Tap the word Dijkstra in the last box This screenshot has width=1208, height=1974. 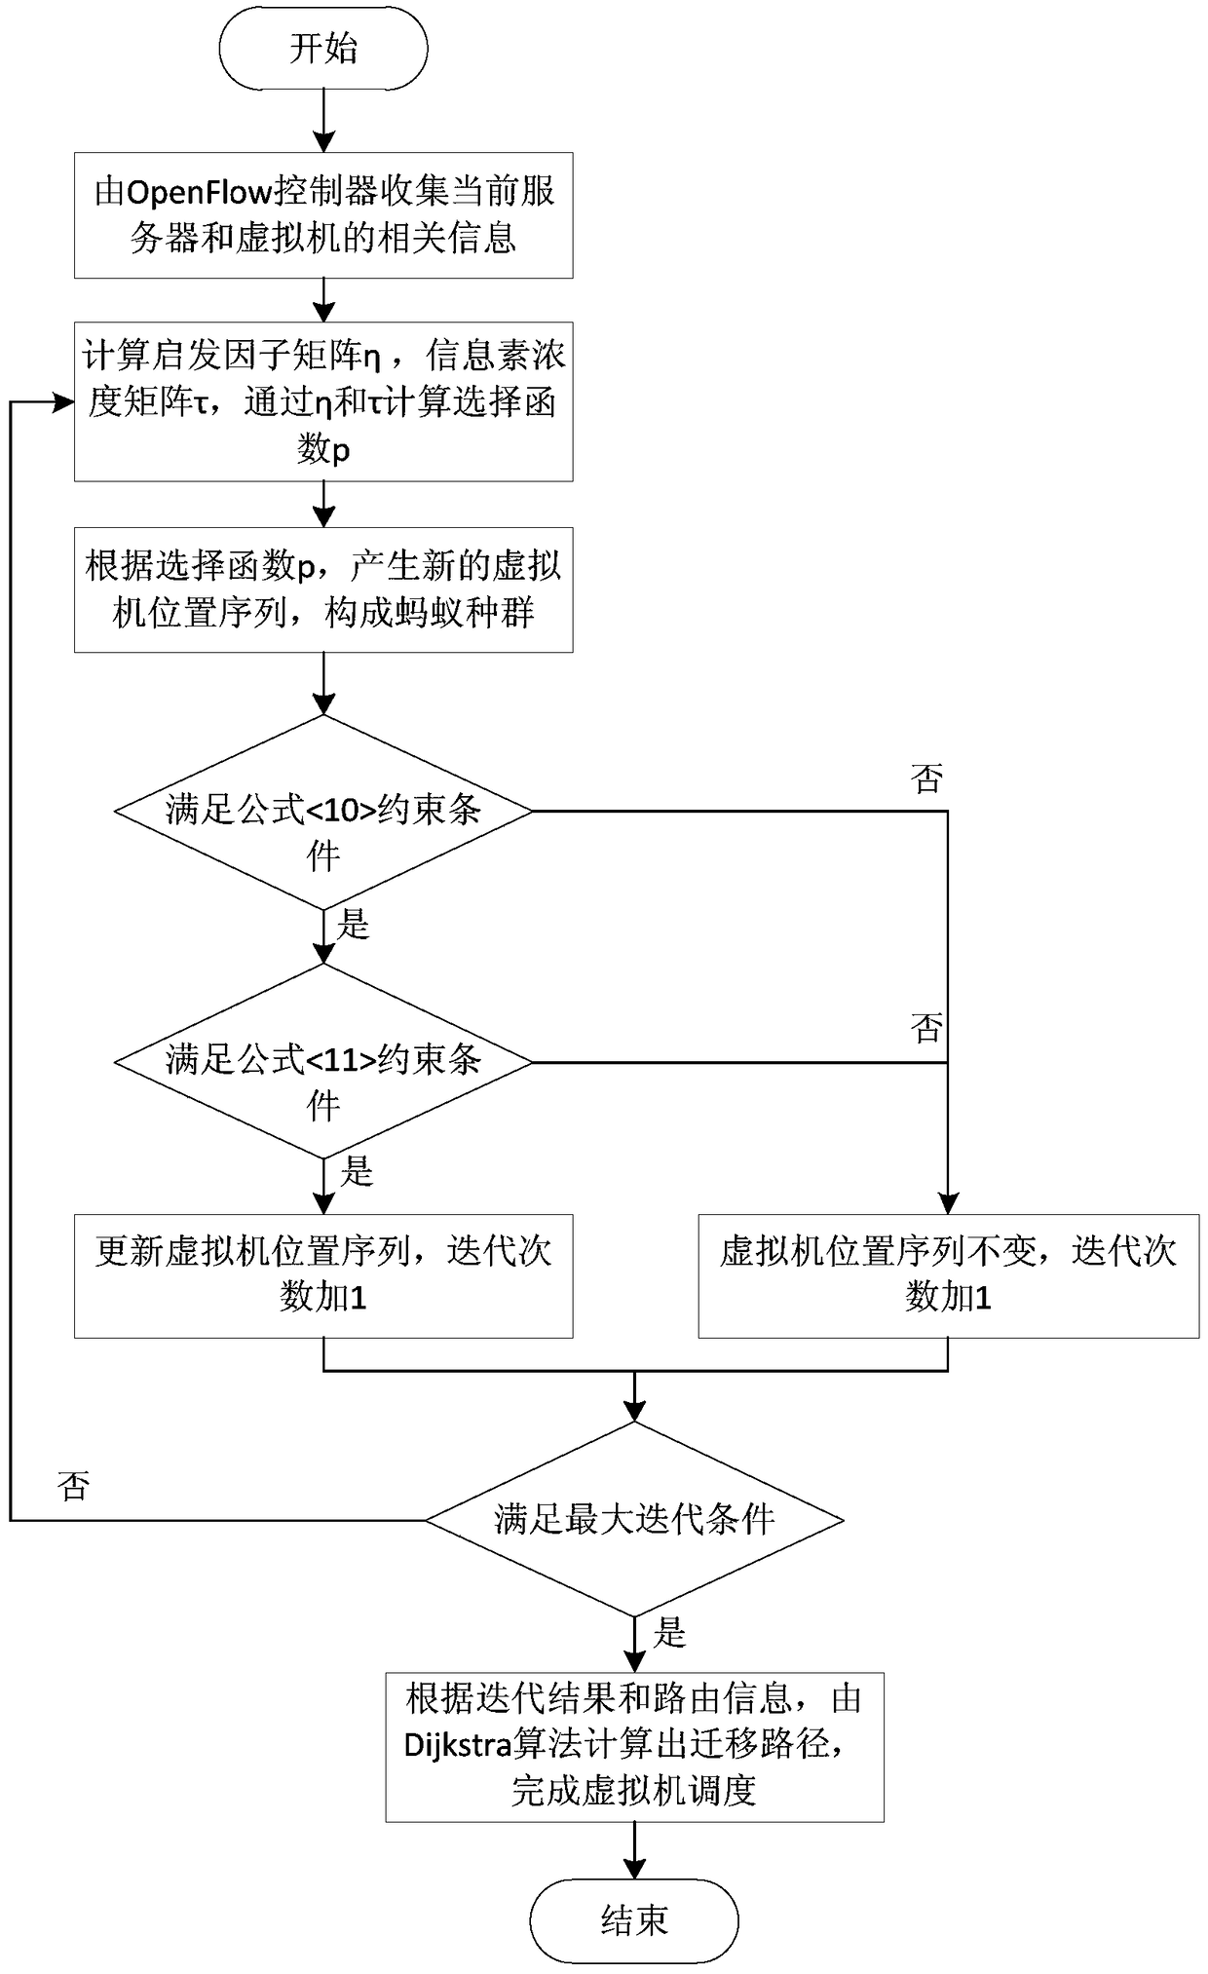click(x=458, y=1743)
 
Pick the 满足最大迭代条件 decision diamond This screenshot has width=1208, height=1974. click(x=634, y=1518)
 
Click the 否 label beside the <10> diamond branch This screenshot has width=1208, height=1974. click(x=926, y=778)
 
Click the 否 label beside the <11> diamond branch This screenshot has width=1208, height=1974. click(x=926, y=1027)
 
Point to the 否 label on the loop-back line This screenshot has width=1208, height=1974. click(x=74, y=1485)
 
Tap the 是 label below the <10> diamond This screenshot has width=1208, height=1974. click(x=354, y=924)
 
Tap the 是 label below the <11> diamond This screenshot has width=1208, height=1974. click(x=357, y=1171)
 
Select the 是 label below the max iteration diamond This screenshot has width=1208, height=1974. click(x=670, y=1633)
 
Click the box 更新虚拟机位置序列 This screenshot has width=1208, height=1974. click(x=322, y=1274)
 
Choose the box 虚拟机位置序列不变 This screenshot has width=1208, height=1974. click(x=948, y=1274)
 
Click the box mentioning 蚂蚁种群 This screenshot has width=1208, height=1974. click(x=322, y=589)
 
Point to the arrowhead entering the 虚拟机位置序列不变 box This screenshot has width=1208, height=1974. click(x=948, y=1203)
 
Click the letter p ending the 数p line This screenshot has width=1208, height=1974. click(x=340, y=452)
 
